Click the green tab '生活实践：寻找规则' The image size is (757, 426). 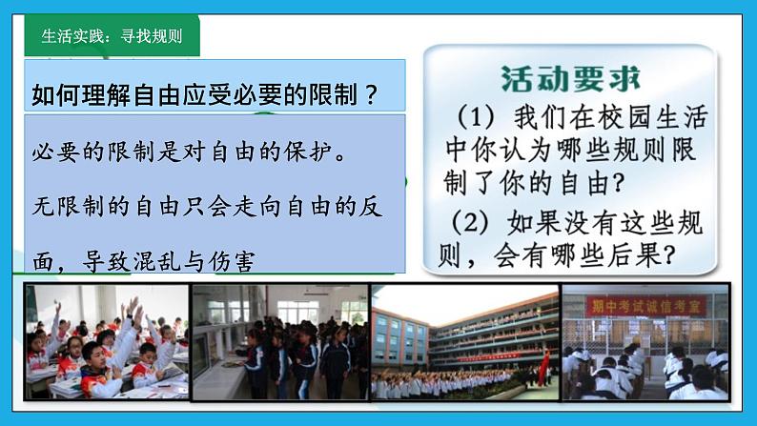coord(111,36)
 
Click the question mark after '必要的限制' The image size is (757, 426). coord(371,94)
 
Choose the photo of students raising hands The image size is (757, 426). coord(106,341)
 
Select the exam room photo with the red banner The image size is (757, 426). coord(644,341)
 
